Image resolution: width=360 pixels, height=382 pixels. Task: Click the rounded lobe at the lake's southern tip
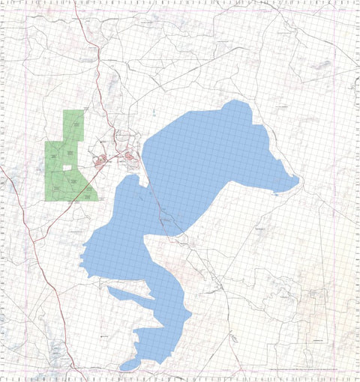pyautogui.click(x=130, y=364)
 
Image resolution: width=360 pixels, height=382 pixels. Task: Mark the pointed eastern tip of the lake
pyautogui.click(x=298, y=179)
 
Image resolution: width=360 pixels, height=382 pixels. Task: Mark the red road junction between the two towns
pyautogui.click(x=115, y=158)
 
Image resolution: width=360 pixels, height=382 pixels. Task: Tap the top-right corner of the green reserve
pyautogui.click(x=83, y=111)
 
